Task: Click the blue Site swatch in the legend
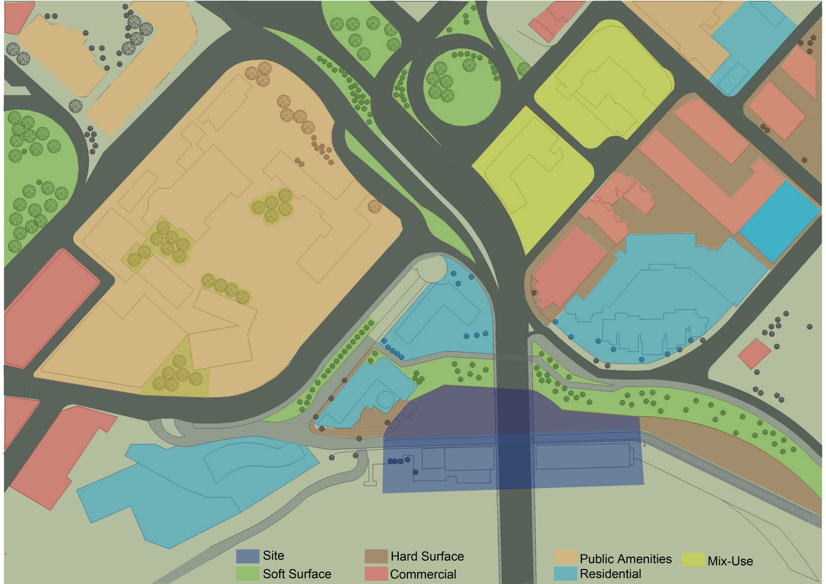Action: pyautogui.click(x=248, y=556)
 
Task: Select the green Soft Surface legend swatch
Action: pyautogui.click(x=248, y=574)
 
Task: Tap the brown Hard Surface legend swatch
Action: pyautogui.click(x=376, y=556)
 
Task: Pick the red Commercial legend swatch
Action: pyautogui.click(x=376, y=574)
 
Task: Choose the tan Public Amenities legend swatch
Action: pyautogui.click(x=565, y=558)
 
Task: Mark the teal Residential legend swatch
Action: pyautogui.click(x=565, y=573)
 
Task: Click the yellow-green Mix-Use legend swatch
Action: pyautogui.click(x=693, y=560)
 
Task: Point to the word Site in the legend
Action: pyautogui.click(x=274, y=556)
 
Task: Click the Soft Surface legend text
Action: pyautogui.click(x=297, y=574)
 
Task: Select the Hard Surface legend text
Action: pyautogui.click(x=427, y=556)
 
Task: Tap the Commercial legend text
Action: pyautogui.click(x=423, y=574)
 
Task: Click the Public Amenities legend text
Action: pyautogui.click(x=626, y=559)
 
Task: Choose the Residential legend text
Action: pyautogui.click(x=610, y=574)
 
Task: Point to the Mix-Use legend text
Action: pyautogui.click(x=730, y=561)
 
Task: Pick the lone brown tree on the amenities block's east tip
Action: pyautogui.click(x=375, y=207)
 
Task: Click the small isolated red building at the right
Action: pyautogui.click(x=754, y=354)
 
